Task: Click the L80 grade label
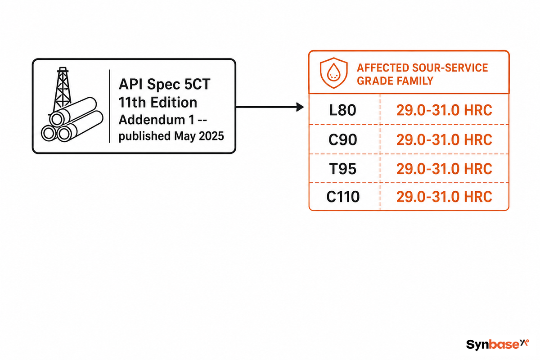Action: point(342,110)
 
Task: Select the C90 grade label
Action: point(342,139)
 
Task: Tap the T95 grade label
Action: point(342,169)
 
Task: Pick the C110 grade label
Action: point(343,197)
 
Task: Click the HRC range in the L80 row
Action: point(444,110)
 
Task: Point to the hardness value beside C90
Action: point(444,139)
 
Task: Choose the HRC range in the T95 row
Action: point(444,169)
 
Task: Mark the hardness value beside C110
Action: point(444,197)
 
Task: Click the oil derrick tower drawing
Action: point(62,89)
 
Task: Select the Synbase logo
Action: point(497,344)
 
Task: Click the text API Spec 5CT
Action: point(164,85)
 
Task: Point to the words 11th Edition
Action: point(158,102)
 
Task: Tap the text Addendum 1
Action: point(157,120)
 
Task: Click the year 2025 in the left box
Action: point(211,136)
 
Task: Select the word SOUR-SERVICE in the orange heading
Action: point(450,68)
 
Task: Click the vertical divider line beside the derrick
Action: point(110,106)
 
